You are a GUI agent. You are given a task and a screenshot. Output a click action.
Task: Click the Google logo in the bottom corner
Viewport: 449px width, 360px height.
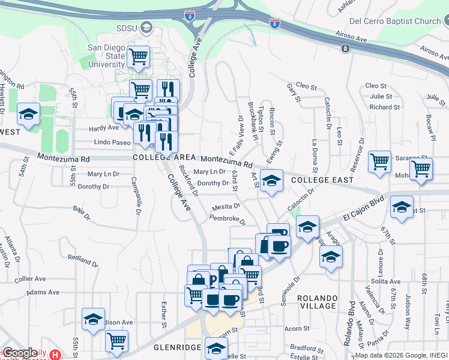20,353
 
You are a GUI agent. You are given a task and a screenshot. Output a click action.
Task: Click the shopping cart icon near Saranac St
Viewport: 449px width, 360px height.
380,162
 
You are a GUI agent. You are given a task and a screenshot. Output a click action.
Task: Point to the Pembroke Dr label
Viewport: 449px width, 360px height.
228,220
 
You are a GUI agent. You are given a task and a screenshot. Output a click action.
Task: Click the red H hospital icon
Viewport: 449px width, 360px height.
56,355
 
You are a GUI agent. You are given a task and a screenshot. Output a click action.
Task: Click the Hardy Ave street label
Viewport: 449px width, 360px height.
104,128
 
